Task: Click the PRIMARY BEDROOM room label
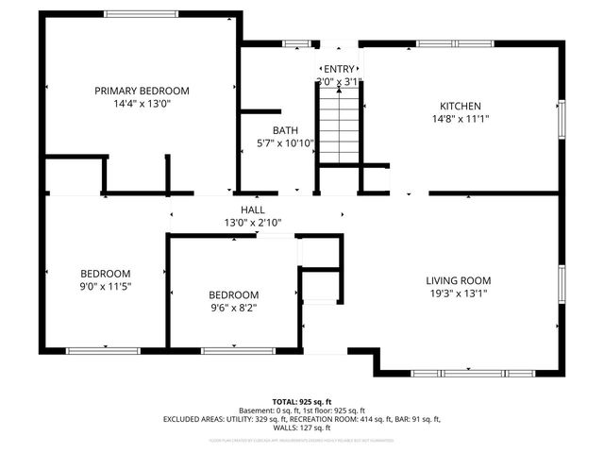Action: [142, 91]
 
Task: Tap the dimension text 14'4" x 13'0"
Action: [142, 103]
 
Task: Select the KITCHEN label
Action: [461, 106]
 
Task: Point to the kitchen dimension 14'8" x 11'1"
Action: [461, 119]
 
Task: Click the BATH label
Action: [285, 130]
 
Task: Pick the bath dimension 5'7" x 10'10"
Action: [285, 143]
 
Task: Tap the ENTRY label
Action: [339, 69]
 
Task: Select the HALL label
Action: [252, 210]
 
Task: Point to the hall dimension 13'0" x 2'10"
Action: [252, 223]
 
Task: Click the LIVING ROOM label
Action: [458, 280]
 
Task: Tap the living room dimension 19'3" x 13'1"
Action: [458, 294]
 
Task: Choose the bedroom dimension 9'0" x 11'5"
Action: [104, 286]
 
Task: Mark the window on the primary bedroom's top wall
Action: [141, 14]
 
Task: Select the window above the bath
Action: [297, 43]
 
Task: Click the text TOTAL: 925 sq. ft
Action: [302, 402]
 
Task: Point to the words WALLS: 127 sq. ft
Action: [302, 427]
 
